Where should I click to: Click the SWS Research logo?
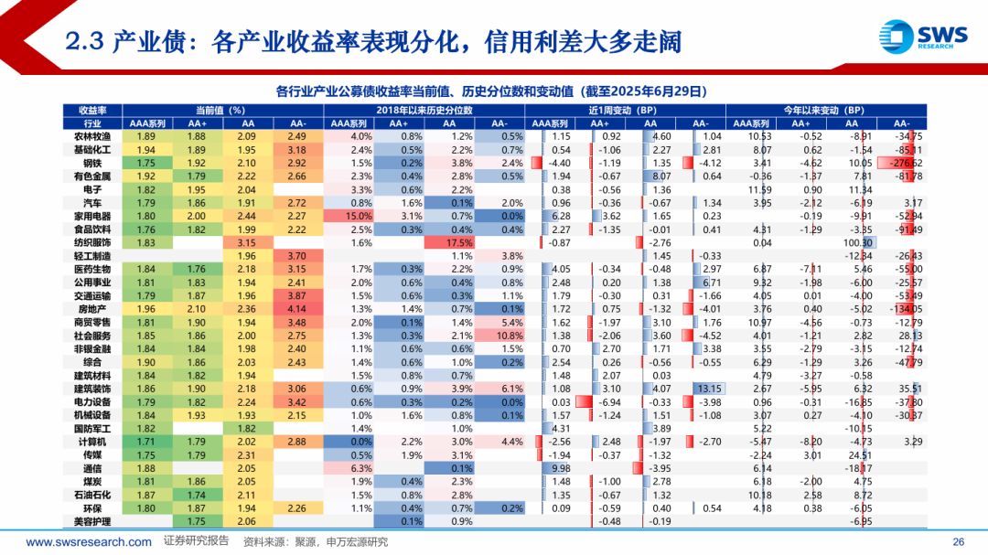pyautogui.click(x=923, y=37)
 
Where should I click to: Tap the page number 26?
pyautogui.click(x=959, y=541)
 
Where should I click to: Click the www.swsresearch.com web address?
pyautogui.click(x=89, y=541)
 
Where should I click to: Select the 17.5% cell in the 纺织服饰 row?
pyautogui.click(x=448, y=242)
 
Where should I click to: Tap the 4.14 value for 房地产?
pyautogui.click(x=297, y=309)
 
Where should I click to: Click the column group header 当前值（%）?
pyautogui.click(x=222, y=110)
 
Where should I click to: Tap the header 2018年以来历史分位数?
pyautogui.click(x=424, y=110)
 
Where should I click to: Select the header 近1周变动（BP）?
pyautogui.click(x=626, y=110)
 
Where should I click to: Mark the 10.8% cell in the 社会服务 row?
pyautogui.click(x=499, y=336)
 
